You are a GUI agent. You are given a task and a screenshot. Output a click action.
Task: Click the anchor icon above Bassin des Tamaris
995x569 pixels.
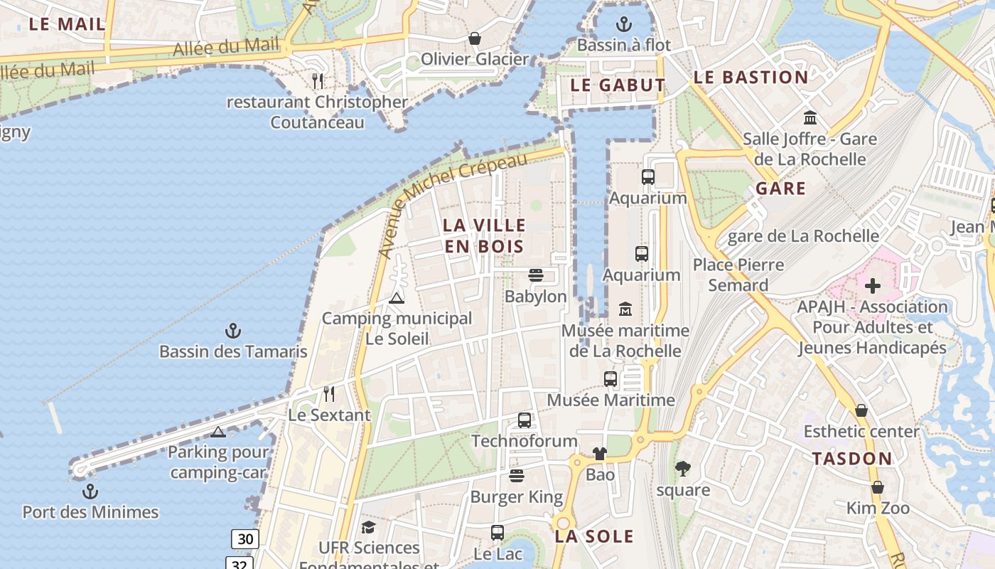[232, 331]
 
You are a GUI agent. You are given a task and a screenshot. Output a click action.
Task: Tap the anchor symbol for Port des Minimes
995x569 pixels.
[90, 491]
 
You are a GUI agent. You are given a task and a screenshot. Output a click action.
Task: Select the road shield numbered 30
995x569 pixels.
[244, 539]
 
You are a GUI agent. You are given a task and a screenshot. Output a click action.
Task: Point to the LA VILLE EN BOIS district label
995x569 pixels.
[484, 235]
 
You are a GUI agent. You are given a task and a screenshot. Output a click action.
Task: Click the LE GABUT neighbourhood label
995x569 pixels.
[618, 85]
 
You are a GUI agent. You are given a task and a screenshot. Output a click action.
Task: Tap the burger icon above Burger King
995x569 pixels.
[517, 476]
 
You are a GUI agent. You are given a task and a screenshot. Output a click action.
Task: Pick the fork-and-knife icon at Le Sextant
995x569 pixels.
[328, 393]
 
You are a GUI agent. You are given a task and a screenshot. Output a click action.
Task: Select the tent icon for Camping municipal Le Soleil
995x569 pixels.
[397, 298]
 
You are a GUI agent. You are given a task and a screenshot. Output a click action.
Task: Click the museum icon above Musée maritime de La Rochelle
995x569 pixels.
[625, 309]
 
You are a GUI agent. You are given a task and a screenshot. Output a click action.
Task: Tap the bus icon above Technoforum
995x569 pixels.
[525, 420]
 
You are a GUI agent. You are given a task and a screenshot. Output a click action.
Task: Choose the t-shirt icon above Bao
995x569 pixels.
[600, 454]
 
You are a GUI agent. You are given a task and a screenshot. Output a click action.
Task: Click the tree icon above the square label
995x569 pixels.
[683, 469]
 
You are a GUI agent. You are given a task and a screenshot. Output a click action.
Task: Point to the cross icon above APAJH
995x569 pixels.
[873, 286]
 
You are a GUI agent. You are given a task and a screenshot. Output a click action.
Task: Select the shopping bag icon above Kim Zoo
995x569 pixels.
[878, 487]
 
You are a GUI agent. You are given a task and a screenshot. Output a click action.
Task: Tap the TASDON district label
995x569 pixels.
[851, 459]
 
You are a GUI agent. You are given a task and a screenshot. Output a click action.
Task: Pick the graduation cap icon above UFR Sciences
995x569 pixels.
[368, 527]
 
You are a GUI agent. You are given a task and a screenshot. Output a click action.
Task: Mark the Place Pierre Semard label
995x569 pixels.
[738, 275]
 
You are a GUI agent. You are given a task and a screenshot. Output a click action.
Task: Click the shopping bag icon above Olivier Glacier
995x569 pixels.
[474, 38]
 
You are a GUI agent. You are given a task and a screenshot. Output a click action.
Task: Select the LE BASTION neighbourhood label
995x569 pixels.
[751, 78]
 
